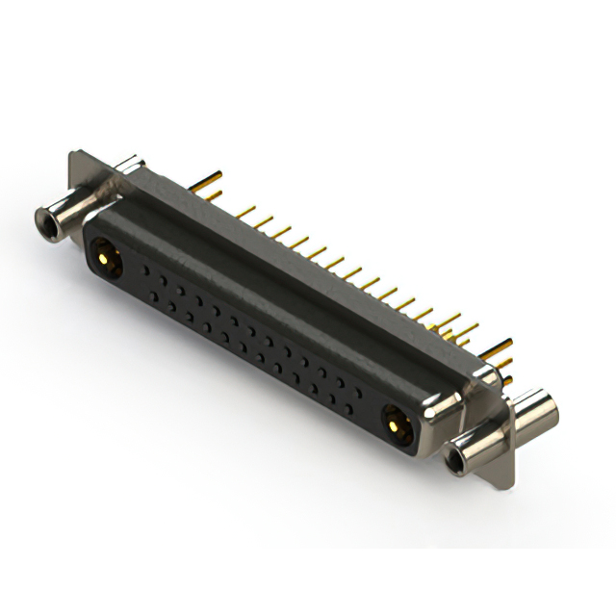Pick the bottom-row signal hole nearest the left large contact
(146, 292)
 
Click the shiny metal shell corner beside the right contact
(438, 409)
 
